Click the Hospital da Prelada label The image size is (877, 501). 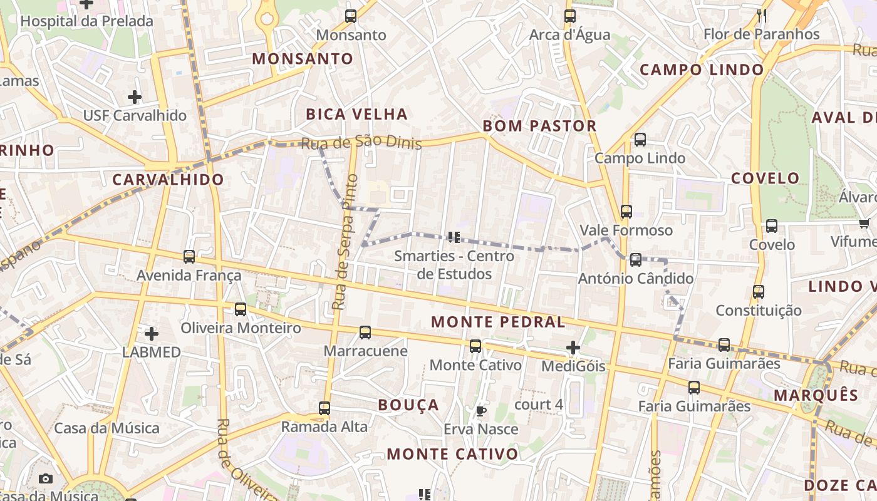pos(86,21)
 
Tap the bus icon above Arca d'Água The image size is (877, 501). pos(569,16)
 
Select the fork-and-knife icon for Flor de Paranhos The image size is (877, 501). pos(762,16)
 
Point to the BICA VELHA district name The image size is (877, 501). pos(356,114)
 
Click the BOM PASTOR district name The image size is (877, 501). pos(539,126)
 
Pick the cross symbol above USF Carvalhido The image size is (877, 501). pos(134,97)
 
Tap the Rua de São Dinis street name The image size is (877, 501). pos(361,143)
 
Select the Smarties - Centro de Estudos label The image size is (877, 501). pos(454,265)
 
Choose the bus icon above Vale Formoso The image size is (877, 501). pos(626,212)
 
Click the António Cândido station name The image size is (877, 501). pos(636,278)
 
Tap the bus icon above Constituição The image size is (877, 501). pos(758,291)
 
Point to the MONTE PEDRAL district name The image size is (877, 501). pos(499,322)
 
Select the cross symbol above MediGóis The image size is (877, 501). pos(573,348)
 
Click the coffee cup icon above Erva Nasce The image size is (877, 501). pos(480,411)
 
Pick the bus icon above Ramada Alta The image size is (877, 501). pos(324,408)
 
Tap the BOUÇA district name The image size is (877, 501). pos(408,405)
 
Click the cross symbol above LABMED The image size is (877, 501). pos(151,334)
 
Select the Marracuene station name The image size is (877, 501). pos(365,351)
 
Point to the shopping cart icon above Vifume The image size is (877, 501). pos(864,224)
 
